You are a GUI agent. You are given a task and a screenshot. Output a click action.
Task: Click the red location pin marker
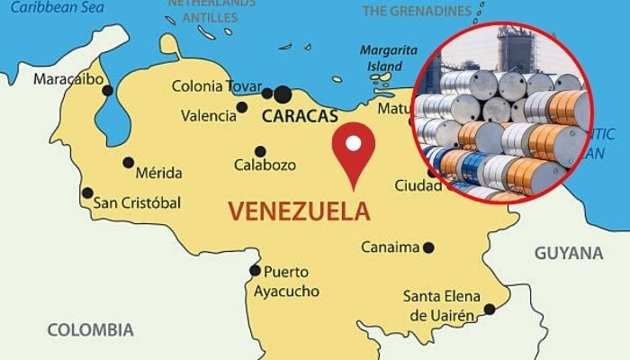[353, 153]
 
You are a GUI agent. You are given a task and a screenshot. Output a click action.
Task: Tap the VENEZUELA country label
[299, 211]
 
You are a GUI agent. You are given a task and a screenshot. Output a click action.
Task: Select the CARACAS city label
[300, 116]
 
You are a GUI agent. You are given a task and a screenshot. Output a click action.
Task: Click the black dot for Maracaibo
[108, 90]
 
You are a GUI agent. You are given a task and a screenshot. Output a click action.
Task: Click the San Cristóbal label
[137, 202]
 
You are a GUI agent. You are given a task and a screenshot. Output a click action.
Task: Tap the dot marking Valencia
[241, 107]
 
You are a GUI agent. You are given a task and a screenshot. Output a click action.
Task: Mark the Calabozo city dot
[260, 151]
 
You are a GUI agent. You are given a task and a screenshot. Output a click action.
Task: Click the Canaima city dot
[428, 247]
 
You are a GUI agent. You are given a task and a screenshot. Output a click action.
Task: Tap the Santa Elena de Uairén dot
[489, 310]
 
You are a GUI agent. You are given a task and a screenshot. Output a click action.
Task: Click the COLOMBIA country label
[90, 329]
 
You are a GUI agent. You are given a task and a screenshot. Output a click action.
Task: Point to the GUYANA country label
[569, 253]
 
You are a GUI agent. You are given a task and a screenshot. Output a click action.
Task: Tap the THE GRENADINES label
[417, 12]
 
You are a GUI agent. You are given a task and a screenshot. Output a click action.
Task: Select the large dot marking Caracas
[283, 94]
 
